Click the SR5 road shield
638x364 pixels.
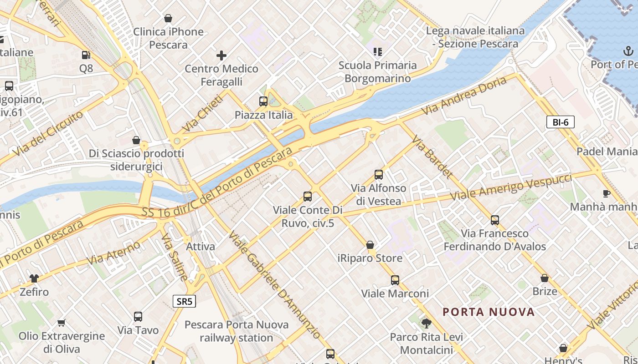tap(185, 301)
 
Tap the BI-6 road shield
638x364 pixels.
tap(560, 122)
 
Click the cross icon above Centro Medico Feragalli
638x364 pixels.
tap(221, 56)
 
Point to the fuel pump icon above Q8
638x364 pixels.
tap(86, 55)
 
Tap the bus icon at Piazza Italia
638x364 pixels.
tap(263, 101)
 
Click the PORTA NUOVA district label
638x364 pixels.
tap(489, 312)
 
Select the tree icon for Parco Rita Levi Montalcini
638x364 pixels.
tap(427, 324)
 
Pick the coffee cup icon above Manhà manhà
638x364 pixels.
tap(606, 193)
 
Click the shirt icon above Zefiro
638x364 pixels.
tap(34, 278)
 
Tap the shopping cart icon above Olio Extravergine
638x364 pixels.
tap(62, 323)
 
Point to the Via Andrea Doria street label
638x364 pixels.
tap(463, 96)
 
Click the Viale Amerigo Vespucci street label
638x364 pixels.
tap(511, 187)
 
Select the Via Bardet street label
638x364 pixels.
tap(432, 157)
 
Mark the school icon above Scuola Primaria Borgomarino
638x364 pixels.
tap(377, 51)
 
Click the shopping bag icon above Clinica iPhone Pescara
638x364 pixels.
tap(168, 18)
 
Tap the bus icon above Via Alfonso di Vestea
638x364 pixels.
tap(378, 174)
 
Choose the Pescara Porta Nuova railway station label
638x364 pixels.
tap(236, 331)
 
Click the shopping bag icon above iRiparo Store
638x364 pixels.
tap(370, 245)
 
